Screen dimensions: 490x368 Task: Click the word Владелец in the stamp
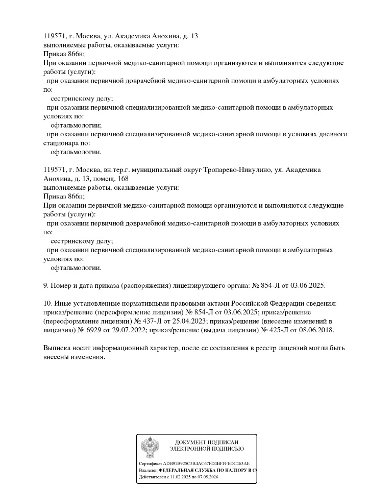(x=148, y=470)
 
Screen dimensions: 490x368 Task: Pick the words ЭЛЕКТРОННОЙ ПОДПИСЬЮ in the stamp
(x=206, y=449)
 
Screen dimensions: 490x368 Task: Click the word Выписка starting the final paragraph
(x=57, y=348)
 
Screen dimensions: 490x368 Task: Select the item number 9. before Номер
(x=46, y=285)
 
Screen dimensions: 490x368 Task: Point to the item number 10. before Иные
(x=48, y=303)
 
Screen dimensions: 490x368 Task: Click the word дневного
(x=332, y=134)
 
